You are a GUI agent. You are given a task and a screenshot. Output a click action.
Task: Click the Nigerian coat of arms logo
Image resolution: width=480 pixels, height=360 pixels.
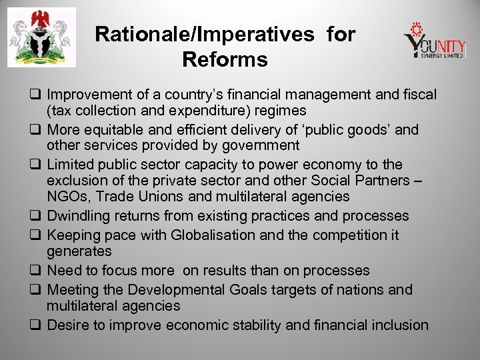[x=41, y=38]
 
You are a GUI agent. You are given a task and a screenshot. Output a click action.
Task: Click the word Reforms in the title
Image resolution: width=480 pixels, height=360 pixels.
[x=224, y=61]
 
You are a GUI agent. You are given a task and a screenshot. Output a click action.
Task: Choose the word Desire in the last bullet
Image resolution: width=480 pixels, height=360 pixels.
[x=66, y=325]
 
